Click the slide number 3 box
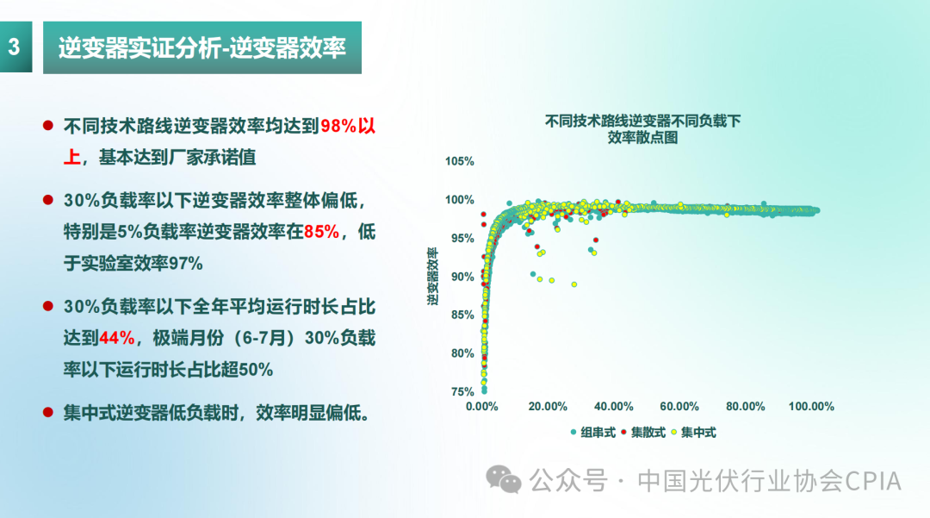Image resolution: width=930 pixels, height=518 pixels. (15, 47)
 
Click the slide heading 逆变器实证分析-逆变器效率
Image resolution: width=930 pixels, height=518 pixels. (201, 47)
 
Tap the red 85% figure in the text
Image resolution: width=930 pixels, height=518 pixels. (321, 232)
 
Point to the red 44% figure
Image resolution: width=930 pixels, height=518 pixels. (116, 338)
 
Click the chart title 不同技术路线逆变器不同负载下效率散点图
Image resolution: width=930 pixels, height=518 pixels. (642, 128)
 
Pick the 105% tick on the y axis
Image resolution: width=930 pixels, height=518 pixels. (460, 161)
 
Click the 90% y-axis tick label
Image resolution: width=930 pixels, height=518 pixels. (460, 277)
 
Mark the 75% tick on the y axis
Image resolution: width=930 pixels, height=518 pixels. (462, 391)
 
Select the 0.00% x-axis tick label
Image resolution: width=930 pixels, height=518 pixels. (482, 406)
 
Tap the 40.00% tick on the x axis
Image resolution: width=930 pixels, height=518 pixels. (614, 406)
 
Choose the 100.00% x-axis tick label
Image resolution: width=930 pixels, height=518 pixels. (810, 406)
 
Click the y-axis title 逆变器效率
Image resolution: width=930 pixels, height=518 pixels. (434, 277)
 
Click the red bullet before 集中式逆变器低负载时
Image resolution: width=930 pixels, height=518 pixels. (49, 412)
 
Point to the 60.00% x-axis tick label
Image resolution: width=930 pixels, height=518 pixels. (679, 406)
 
